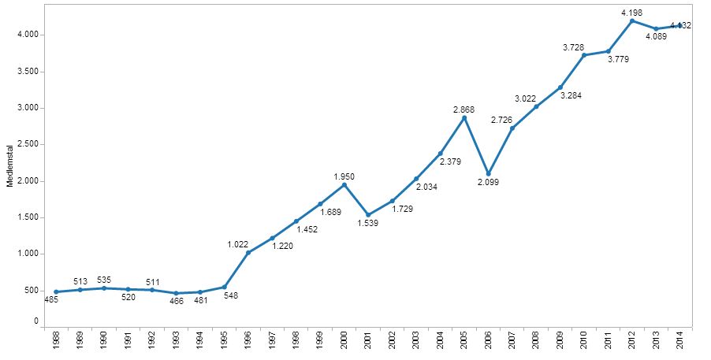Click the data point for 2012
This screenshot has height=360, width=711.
[x=631, y=20]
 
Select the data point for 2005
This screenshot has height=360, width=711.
[x=463, y=118]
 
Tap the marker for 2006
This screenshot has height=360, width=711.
[x=488, y=173]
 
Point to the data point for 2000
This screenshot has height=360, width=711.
[x=344, y=184]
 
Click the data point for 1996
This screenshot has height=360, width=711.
[x=248, y=252]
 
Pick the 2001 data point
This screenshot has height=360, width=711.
[x=368, y=214]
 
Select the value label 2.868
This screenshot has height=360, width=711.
[x=463, y=108]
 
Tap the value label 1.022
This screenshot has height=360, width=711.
[x=238, y=243]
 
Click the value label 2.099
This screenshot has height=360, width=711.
[x=488, y=183]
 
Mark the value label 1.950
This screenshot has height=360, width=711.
[x=344, y=176]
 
